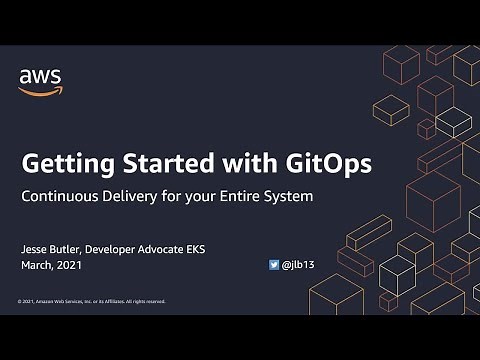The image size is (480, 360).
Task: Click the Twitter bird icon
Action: [x=274, y=266]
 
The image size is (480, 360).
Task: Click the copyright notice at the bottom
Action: [x=91, y=301]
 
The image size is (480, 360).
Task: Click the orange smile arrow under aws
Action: [x=37, y=91]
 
